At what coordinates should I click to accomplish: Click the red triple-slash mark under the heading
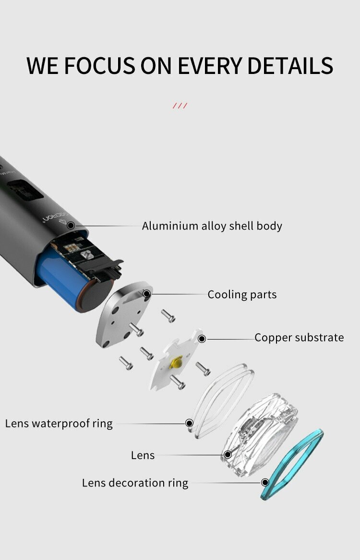coord(180,106)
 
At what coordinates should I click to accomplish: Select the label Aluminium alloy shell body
coord(212,226)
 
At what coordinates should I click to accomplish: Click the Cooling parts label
coord(242,294)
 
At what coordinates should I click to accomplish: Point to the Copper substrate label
coord(299,338)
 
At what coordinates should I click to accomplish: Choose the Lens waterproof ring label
coord(59,424)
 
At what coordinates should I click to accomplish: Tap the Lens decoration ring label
coord(135,483)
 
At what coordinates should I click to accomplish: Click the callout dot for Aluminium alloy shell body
coord(71,225)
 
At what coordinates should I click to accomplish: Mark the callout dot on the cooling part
coord(147,294)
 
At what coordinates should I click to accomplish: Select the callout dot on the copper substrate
coord(202,339)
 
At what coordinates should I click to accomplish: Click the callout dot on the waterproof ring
coord(189,423)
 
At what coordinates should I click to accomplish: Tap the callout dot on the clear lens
coord(228,454)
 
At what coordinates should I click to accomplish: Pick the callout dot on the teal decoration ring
coord(265,482)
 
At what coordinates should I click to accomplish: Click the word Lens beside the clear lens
coord(143,455)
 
